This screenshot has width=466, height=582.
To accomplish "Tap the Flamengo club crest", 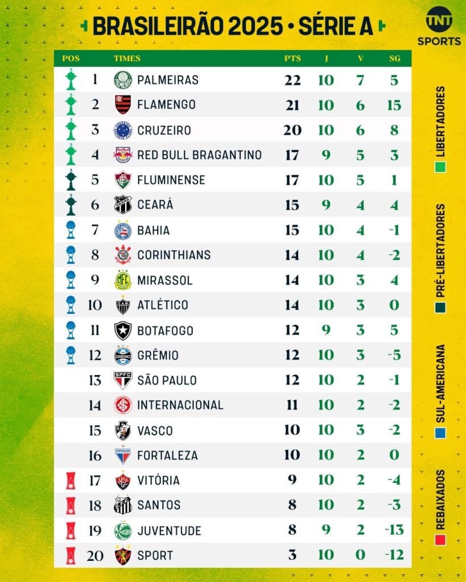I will pos(122,105).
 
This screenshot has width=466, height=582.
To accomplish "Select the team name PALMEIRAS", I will pos(168,80).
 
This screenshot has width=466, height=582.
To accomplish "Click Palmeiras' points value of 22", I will pos(292,80).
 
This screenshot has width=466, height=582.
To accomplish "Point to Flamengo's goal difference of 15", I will pos(394,105).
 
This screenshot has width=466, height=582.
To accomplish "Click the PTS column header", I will pos(292,59).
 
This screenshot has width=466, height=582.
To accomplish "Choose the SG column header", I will pos(394,59).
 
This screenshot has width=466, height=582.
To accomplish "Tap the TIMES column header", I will pos(127,59).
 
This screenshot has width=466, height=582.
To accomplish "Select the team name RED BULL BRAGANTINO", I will pos(199,155).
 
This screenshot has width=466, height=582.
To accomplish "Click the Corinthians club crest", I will pos(122,255).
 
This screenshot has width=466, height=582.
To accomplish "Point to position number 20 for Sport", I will pos(95,555).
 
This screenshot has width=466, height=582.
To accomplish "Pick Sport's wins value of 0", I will pos(360,555).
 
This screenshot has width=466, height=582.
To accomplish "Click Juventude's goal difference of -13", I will pos(394,530).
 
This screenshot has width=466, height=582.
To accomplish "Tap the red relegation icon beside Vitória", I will pos(71,481).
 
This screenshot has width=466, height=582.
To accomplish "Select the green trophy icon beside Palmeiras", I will pos(71,80).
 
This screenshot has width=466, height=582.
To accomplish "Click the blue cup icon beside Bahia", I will pos(71,230).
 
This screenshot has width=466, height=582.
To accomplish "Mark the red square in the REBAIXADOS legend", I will pos(440,538).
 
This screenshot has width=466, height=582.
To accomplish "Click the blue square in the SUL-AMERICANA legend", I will pos(440,433).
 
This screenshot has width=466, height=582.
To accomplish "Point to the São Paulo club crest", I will pos(122,380).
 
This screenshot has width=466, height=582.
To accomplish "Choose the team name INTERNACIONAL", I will pos(180,405).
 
